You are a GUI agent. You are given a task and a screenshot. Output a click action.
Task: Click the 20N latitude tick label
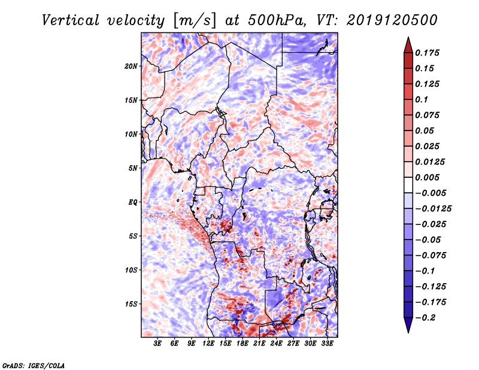pyautogui.click(x=131, y=66)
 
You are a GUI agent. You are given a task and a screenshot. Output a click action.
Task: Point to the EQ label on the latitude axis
pyautogui.click(x=132, y=202)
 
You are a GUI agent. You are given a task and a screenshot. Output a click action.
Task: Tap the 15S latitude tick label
pyautogui.click(x=131, y=304)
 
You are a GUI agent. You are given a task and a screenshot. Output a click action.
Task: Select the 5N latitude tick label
pyautogui.click(x=133, y=168)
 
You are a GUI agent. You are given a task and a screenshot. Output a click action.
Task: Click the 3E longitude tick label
pyautogui.click(x=158, y=344)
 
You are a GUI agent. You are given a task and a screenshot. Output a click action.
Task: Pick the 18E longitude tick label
pyautogui.click(x=242, y=344)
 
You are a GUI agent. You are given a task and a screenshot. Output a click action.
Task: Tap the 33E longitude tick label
pyautogui.click(x=327, y=344)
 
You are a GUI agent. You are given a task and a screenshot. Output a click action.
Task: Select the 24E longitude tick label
pyautogui.click(x=277, y=344)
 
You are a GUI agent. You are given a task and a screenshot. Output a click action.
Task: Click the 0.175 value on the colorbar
pyautogui.click(x=428, y=53)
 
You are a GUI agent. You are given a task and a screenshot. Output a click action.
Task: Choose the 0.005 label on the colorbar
pyautogui.click(x=428, y=177)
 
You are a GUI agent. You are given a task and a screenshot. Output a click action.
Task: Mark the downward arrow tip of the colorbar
pyautogui.click(x=407, y=330)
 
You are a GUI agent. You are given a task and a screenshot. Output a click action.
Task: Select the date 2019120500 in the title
pyautogui.click(x=384, y=20)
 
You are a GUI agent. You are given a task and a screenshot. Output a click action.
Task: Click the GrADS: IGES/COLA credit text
pyautogui.click(x=34, y=365)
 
